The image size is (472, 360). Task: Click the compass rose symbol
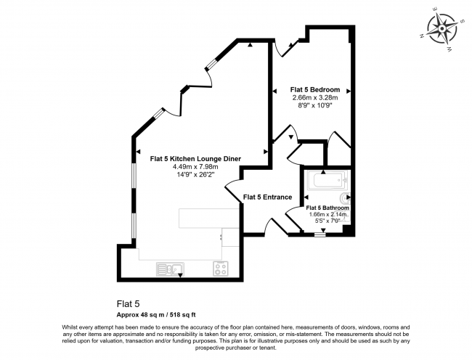(442, 29)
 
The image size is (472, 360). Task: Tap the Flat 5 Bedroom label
(315, 89)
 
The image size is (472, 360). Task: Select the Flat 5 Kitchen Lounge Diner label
(195, 159)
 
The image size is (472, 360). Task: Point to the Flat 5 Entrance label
(267, 197)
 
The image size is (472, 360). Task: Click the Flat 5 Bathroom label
(327, 208)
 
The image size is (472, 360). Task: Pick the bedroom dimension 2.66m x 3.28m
(315, 98)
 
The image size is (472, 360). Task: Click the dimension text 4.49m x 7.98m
(195, 167)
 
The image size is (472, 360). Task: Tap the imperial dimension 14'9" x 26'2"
(195, 175)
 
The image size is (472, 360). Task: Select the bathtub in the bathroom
(327, 181)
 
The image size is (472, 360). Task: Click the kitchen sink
(170, 269)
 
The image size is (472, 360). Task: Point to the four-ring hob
(221, 269)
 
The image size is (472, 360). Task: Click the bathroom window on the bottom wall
(320, 234)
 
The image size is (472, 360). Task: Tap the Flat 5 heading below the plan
(129, 304)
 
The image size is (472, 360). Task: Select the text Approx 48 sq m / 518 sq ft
(156, 315)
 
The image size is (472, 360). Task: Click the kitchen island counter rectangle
(209, 218)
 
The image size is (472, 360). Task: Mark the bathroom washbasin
(345, 198)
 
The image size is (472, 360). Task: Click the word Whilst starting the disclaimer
(70, 327)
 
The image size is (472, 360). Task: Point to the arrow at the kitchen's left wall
(138, 152)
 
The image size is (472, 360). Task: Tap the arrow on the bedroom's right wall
(349, 91)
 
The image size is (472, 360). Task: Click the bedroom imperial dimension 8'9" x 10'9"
(315, 105)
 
